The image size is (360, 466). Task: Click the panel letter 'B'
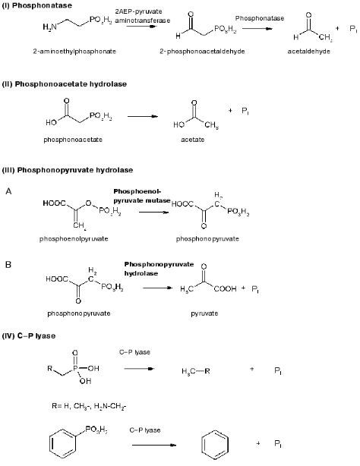tap(8, 266)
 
